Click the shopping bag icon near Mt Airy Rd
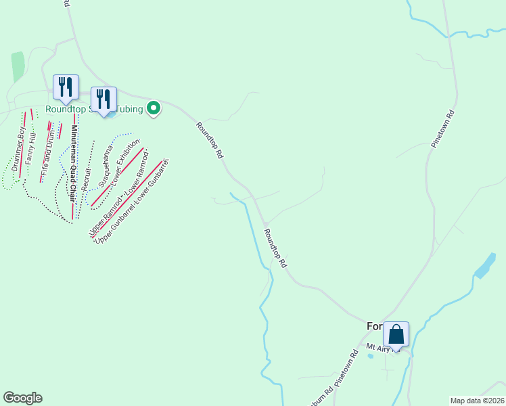click(396, 334)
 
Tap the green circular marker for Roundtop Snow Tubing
click(154, 107)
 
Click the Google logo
click(22, 398)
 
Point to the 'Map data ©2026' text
click(477, 400)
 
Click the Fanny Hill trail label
click(30, 150)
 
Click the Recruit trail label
click(86, 175)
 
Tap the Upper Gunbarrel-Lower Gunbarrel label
click(131, 201)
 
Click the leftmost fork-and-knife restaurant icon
click(66, 87)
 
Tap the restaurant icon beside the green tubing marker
click(103, 99)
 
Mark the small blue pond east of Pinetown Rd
click(485, 266)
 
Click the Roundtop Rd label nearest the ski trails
click(210, 139)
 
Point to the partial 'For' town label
click(375, 326)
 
